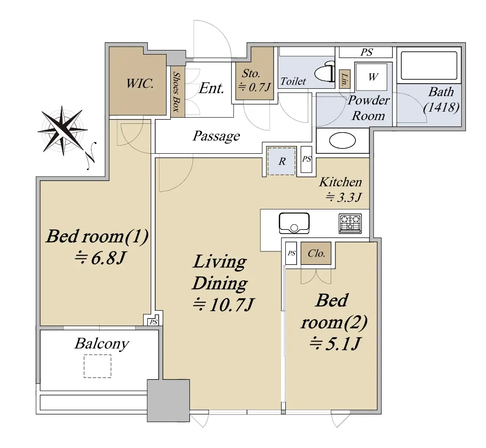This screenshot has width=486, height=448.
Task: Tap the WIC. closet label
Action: tap(140, 84)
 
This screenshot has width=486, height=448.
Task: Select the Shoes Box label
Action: tap(176, 92)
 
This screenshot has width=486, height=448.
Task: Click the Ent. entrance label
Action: tap(211, 88)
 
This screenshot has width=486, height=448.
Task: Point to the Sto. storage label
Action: tap(251, 73)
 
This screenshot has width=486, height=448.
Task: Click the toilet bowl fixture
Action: tap(325, 71)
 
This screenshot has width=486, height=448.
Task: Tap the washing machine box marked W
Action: tap(371, 77)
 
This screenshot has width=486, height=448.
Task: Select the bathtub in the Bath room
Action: tap(429, 66)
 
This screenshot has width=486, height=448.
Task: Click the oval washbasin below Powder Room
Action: tap(342, 141)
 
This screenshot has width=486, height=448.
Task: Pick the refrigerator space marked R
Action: tap(282, 161)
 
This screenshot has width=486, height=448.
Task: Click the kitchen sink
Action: tap(294, 223)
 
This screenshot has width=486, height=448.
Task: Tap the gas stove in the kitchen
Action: tap(350, 223)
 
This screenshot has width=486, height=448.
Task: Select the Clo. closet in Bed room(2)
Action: tap(316, 253)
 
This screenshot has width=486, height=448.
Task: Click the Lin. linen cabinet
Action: tap(345, 78)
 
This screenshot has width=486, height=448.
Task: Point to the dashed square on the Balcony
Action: tap(97, 366)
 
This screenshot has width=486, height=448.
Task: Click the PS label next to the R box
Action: tap(306, 159)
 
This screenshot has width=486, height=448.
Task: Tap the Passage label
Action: tap(217, 136)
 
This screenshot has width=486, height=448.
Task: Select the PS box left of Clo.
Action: tap(291, 253)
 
